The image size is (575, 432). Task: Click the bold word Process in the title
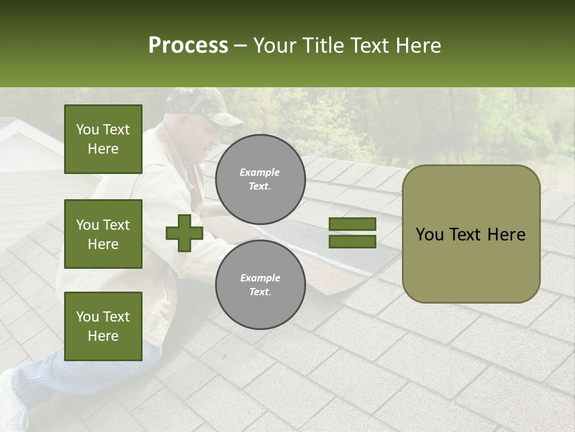point(188,46)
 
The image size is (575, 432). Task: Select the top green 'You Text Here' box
point(103,139)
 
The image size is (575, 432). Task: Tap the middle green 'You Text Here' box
point(103,234)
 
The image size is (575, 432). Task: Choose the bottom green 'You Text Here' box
point(103,326)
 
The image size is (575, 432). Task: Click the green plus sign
point(184,233)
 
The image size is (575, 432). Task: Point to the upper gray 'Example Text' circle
point(260,179)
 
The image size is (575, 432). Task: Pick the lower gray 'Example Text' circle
point(260,284)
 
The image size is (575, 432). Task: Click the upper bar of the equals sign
point(352,224)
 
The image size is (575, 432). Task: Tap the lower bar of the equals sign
point(352,242)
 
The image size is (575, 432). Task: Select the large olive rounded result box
point(471,234)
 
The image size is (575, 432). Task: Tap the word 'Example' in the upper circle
point(259,172)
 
